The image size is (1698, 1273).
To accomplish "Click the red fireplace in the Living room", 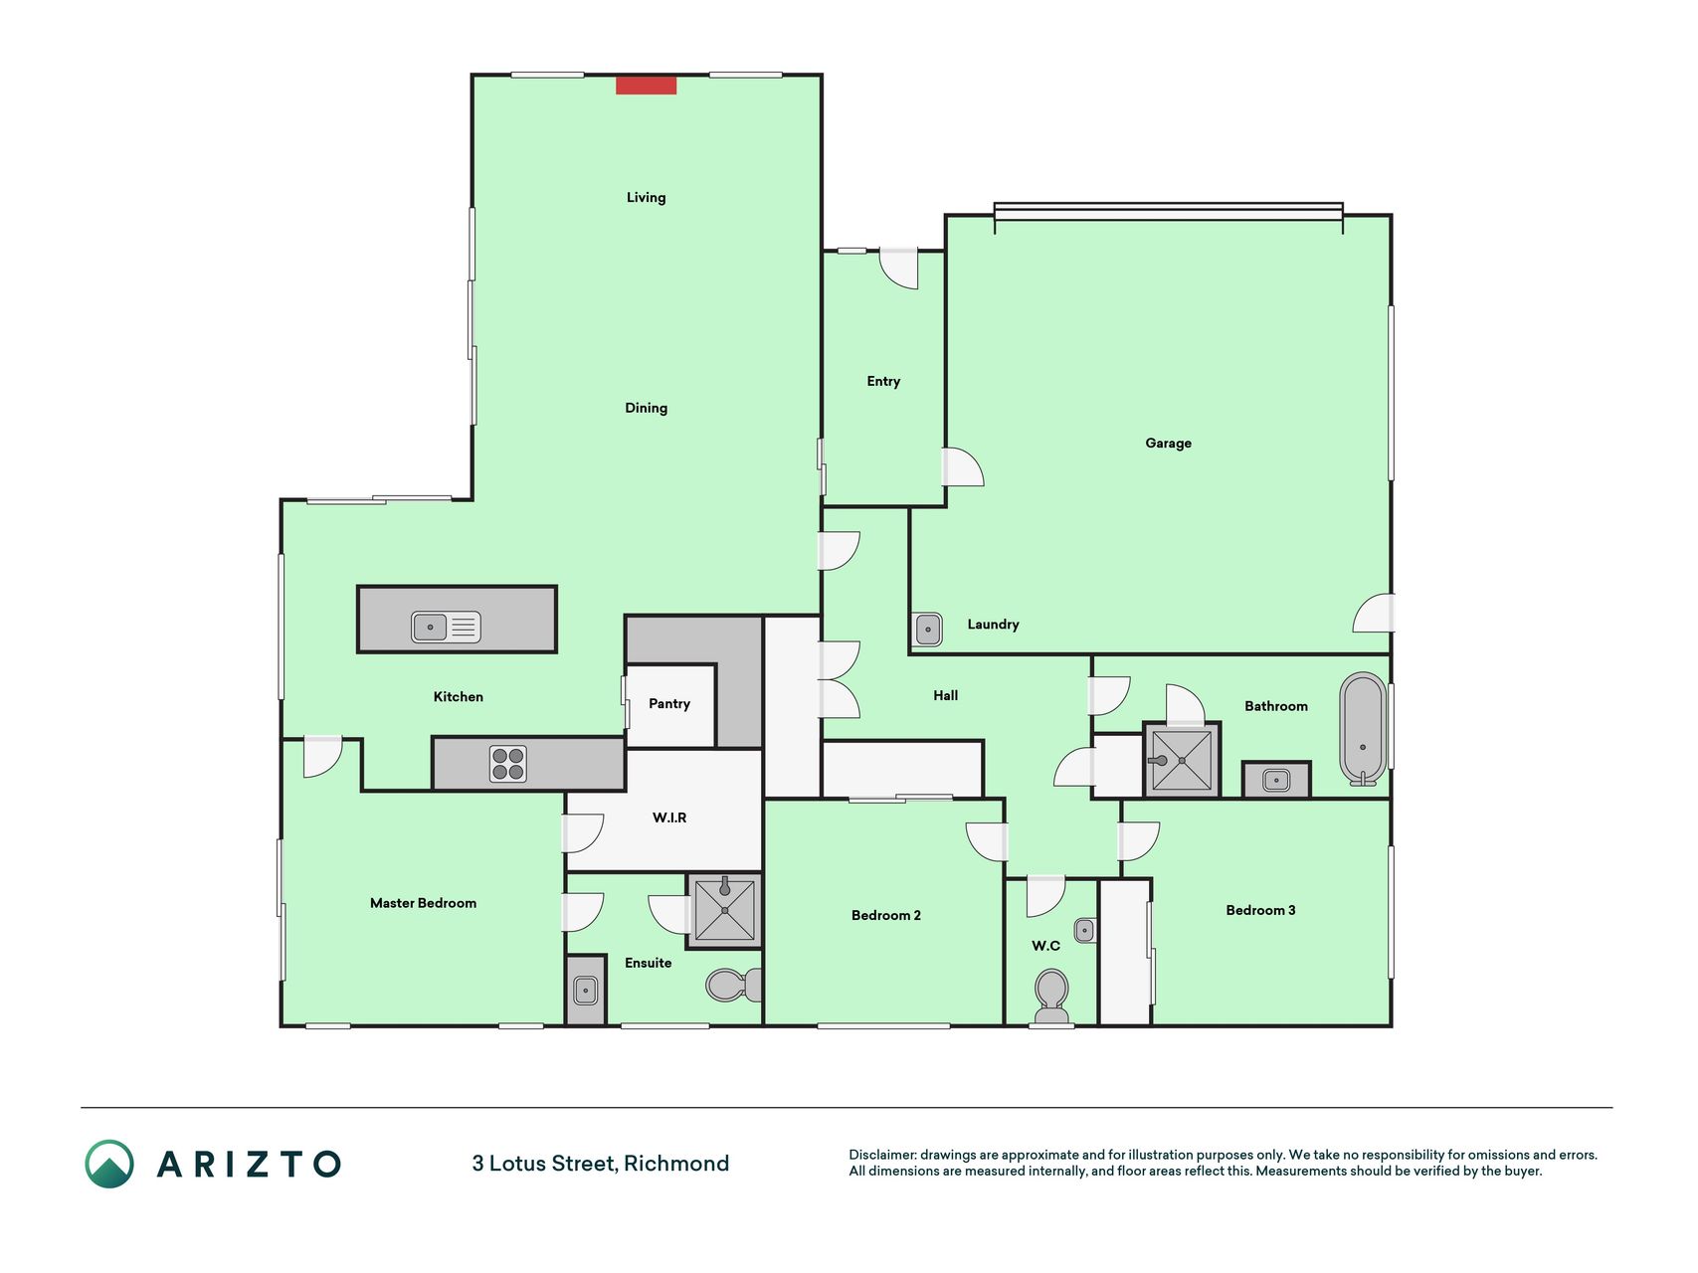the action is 646,86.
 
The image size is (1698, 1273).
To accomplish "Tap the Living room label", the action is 646,198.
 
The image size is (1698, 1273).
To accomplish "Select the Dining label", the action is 646,408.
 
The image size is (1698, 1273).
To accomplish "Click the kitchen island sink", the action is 446,627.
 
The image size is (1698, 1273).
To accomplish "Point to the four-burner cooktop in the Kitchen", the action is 507,764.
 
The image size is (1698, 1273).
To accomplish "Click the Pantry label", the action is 669,704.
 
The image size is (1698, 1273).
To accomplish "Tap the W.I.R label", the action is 669,818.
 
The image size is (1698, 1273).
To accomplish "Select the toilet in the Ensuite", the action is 734,986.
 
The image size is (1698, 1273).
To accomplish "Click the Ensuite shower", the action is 724,909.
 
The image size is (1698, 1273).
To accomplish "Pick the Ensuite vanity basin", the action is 586,990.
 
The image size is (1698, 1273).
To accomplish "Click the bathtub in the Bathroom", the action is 1363,729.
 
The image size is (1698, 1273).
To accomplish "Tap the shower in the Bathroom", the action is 1182,761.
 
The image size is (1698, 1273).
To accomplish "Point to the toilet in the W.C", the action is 1051,997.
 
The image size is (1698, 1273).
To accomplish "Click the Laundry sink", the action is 928,630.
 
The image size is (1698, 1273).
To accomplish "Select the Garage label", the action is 1168,444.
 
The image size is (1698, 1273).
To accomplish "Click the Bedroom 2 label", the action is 886,915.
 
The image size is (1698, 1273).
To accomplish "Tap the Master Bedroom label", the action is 423,903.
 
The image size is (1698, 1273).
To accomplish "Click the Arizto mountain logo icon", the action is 109,1164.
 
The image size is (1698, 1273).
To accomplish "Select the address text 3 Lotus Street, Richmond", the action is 601,1164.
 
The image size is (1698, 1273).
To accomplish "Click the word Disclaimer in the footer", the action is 882,1155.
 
